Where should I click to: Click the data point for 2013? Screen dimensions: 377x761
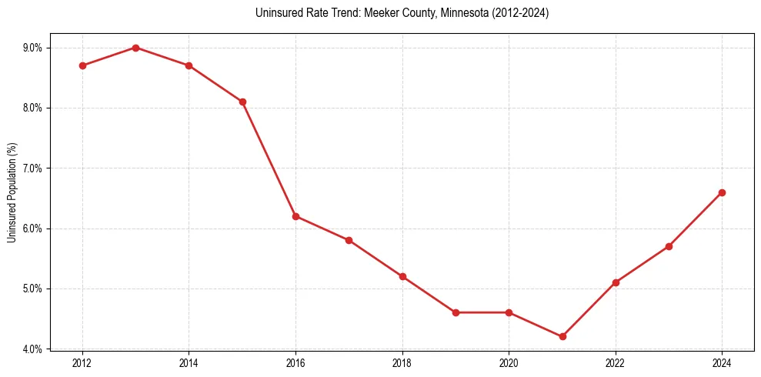[x=135, y=48]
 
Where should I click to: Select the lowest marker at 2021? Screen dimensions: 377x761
[x=562, y=336]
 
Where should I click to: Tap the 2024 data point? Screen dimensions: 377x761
[x=722, y=192]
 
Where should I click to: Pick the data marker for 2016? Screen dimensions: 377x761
[x=295, y=216]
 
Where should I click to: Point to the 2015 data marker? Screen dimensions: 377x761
[x=242, y=102]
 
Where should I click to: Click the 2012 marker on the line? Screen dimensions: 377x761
[x=82, y=65]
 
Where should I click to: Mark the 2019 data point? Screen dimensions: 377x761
[x=456, y=312]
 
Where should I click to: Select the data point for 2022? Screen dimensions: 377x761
[x=616, y=282]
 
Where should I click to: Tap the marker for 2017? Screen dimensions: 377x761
[x=349, y=240]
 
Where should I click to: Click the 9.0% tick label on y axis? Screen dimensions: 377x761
[x=33, y=48]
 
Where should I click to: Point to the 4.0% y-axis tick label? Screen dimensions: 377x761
[x=33, y=349]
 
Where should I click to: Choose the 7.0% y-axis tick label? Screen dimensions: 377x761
[x=33, y=168]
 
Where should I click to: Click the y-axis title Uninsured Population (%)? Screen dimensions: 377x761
[x=12, y=192]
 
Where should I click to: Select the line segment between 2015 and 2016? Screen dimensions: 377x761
[x=269, y=158]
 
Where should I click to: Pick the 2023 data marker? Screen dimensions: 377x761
[x=669, y=246]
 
